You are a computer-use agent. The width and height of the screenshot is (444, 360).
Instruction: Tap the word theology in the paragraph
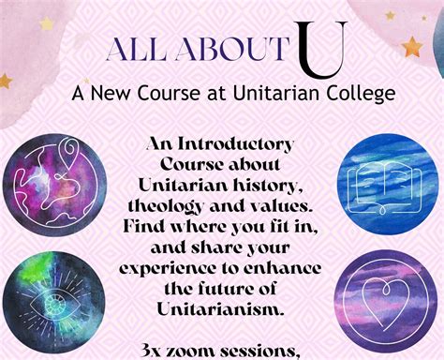(x=182, y=205)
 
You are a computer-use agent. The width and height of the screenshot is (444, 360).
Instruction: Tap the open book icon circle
(x=384, y=184)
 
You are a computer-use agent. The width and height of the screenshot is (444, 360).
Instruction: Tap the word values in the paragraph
(x=275, y=205)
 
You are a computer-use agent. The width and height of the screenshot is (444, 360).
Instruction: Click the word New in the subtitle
(x=109, y=94)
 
